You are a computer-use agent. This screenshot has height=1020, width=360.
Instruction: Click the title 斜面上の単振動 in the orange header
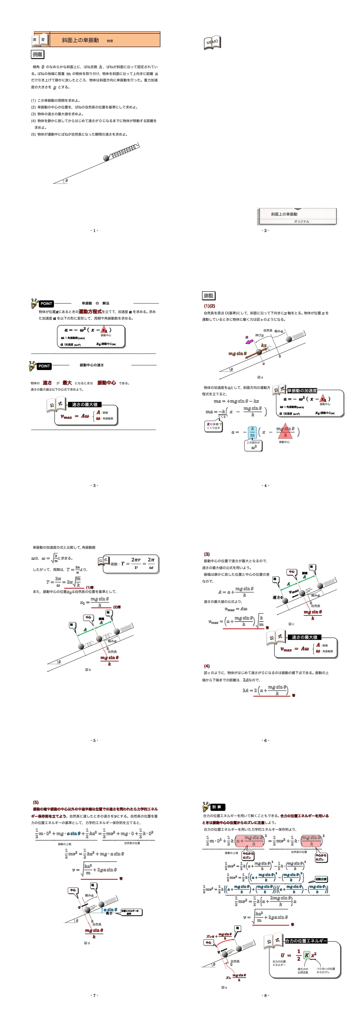[x=80, y=40]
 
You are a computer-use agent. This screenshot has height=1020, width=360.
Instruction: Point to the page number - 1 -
[x=94, y=230]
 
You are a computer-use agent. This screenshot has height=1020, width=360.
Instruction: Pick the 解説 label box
[x=208, y=295]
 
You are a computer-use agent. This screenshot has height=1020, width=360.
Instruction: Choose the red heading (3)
[x=207, y=554]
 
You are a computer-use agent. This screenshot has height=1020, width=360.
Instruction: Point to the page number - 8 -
[x=265, y=995]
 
